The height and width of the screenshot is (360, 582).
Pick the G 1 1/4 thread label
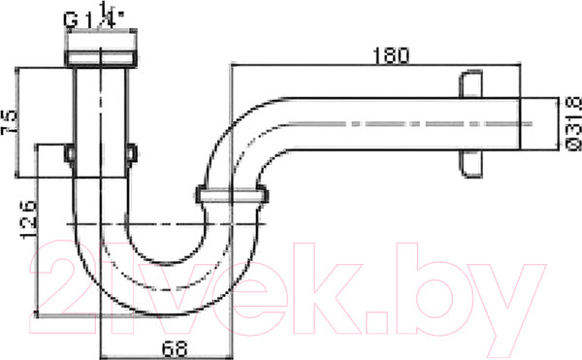[98, 16]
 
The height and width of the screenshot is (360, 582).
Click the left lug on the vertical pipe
[70, 152]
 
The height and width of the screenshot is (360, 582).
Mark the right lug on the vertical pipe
[133, 152]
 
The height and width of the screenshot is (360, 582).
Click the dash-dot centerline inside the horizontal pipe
[407, 123]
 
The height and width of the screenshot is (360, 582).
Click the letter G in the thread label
[71, 17]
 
